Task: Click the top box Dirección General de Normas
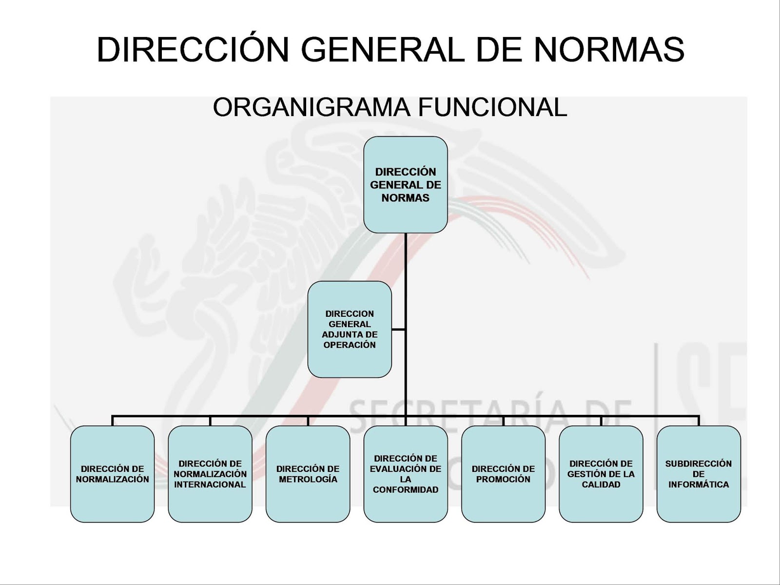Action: [405, 184]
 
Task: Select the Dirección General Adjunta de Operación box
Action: [349, 329]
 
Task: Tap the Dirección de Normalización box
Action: [112, 474]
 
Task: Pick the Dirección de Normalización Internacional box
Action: [210, 474]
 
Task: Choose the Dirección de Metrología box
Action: [308, 474]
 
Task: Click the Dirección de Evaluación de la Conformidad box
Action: [405, 474]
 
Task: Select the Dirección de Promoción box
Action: [503, 474]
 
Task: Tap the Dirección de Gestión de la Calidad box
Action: [601, 474]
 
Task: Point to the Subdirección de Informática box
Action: [699, 474]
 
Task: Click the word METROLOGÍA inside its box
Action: [308, 480]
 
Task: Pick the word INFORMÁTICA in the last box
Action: [699, 485]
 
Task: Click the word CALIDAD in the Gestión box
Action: [601, 485]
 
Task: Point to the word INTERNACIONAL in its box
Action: [210, 485]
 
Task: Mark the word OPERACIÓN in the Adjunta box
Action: [349, 345]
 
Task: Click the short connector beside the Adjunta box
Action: [398, 330]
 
